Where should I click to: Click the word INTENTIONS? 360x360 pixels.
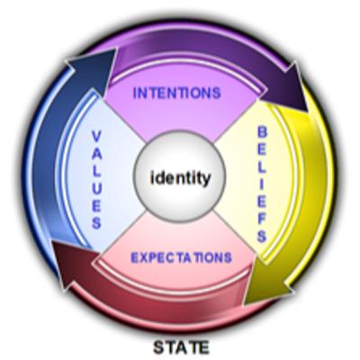(x=177, y=93)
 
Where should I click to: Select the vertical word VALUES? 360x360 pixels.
(x=96, y=179)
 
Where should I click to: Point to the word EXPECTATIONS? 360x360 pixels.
(x=182, y=257)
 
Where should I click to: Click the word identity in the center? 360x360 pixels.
(x=180, y=178)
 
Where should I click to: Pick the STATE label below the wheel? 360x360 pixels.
(x=181, y=347)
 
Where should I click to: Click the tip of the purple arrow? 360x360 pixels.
(x=307, y=112)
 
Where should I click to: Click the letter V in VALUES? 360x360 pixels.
(x=96, y=136)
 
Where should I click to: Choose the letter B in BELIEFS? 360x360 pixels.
(x=263, y=132)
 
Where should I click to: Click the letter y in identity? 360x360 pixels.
(x=205, y=181)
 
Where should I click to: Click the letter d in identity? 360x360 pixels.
(x=158, y=178)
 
